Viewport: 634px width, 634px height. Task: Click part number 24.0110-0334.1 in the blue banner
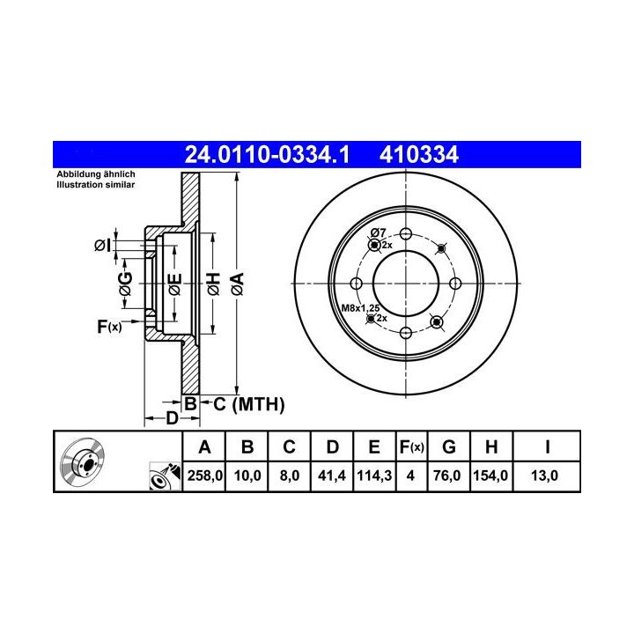click(x=267, y=155)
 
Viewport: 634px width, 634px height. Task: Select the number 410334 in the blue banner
click(x=419, y=155)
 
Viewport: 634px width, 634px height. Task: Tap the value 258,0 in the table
click(x=204, y=475)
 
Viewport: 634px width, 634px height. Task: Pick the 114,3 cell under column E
click(x=374, y=475)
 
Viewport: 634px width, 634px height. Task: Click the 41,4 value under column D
click(x=332, y=475)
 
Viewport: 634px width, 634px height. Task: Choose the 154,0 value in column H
click(x=490, y=475)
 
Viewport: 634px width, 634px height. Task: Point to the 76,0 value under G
click(x=446, y=475)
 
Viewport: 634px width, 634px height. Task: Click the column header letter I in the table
click(x=547, y=447)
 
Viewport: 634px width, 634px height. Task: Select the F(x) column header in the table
click(x=411, y=447)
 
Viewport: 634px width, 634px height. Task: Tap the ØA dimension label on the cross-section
click(x=238, y=284)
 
